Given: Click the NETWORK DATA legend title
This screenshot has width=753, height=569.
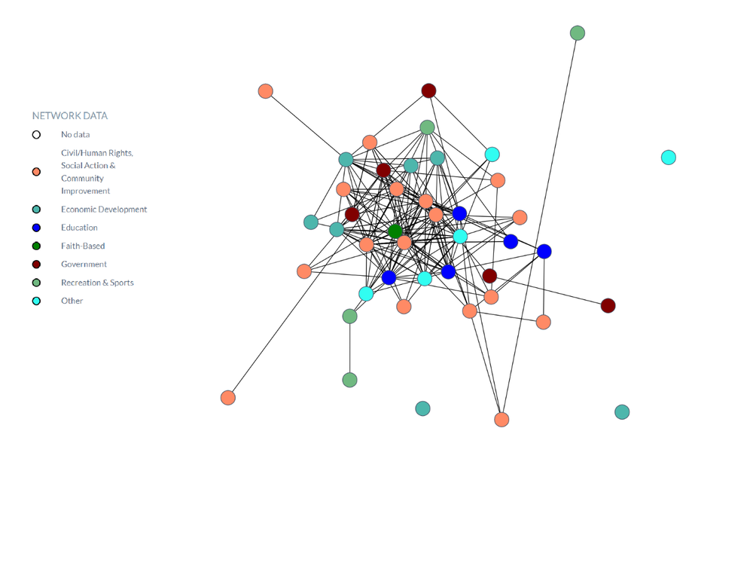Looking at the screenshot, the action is (69, 116).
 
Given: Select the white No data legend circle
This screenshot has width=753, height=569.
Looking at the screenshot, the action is (36, 135).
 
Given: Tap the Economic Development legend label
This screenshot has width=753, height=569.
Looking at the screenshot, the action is (104, 210).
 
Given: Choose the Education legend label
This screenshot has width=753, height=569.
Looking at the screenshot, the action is (79, 228).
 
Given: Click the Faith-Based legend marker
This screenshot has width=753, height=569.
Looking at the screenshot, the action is (36, 246).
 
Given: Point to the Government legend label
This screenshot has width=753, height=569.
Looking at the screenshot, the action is (84, 265).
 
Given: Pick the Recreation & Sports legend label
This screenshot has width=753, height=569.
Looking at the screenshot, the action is (97, 283).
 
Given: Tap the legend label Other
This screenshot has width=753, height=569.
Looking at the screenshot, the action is (72, 301).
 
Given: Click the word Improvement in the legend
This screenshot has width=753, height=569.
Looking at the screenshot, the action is (86, 191).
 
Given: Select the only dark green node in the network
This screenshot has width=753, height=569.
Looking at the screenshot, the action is (395, 231).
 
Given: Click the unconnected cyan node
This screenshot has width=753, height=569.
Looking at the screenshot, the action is (669, 158).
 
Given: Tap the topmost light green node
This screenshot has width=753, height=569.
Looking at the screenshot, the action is (578, 33).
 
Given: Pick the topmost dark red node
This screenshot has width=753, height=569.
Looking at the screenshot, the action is (429, 90).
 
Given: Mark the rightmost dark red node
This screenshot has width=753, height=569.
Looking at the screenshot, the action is (608, 306).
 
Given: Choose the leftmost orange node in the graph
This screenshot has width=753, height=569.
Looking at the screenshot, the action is (228, 398).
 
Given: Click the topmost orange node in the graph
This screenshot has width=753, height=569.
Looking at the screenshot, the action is (266, 91).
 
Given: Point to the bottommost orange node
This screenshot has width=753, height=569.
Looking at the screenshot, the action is (501, 420).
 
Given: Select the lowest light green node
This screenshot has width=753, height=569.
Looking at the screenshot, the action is (349, 380).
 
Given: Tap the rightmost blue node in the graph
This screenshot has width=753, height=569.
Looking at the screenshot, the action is (544, 252).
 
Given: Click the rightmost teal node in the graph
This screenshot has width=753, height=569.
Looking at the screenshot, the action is (622, 411).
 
